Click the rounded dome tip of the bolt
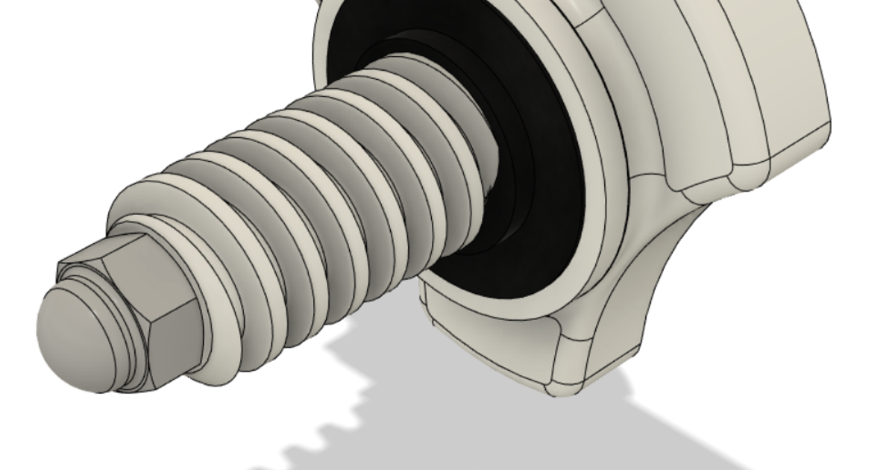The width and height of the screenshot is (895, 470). click(x=67, y=332)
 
